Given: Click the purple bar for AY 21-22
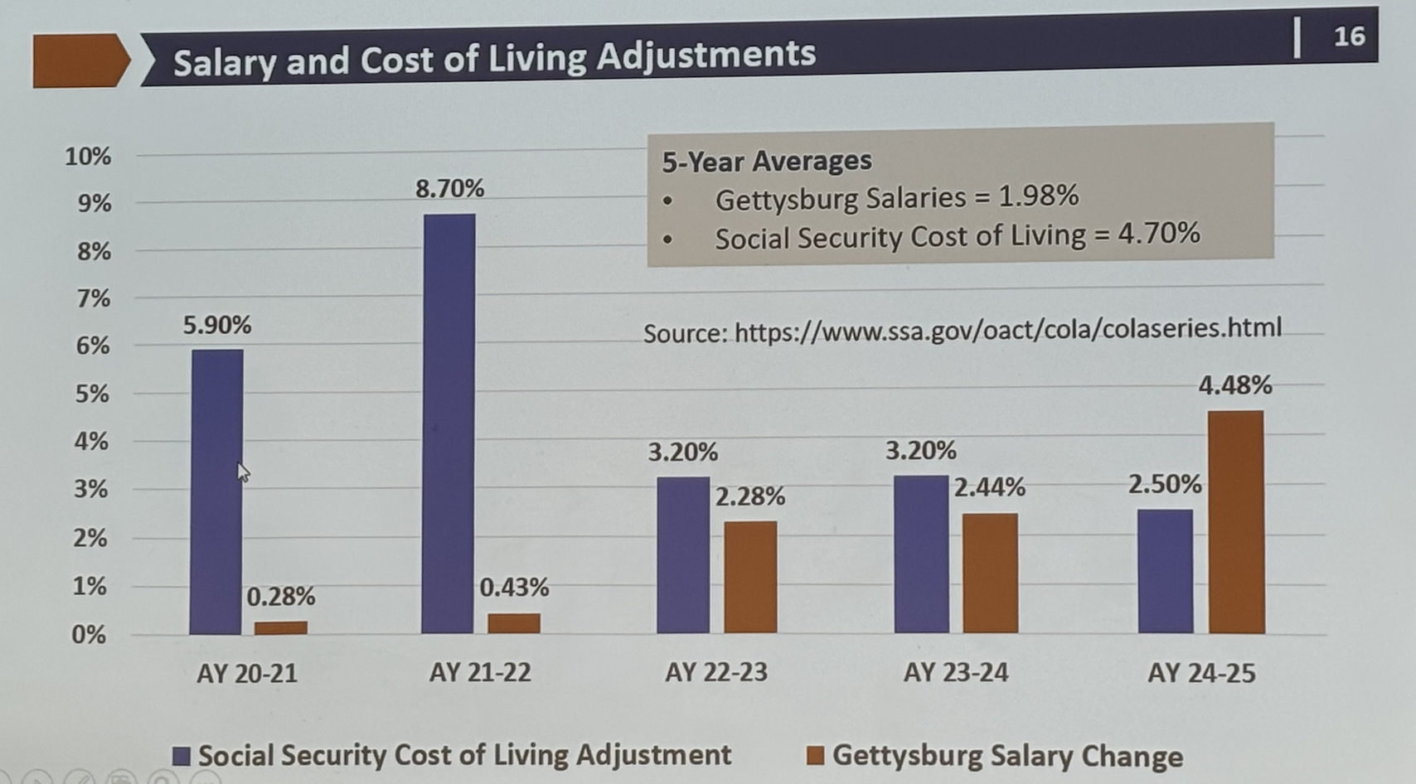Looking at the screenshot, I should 449,423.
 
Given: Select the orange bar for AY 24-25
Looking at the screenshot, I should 1236,522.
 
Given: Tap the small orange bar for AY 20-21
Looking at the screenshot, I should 280,627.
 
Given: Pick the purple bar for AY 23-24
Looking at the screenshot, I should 921,554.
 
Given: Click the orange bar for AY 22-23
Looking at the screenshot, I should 750,577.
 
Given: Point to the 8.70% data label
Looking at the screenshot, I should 449,189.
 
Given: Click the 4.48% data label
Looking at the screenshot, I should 1234,385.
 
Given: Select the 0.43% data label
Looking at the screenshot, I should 514,588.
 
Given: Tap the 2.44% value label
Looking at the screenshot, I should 989,487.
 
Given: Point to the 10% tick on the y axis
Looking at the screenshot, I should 88,156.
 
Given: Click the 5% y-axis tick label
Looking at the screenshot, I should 92,394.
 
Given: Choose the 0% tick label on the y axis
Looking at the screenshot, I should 89,635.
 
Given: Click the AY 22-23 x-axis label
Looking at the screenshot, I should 716,672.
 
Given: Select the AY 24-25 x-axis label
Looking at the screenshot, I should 1201,673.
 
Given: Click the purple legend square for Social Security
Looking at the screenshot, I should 182,756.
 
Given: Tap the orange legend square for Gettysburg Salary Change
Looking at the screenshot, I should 816,756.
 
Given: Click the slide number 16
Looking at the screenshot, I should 1349,36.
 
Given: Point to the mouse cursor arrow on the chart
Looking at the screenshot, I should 242,472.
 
